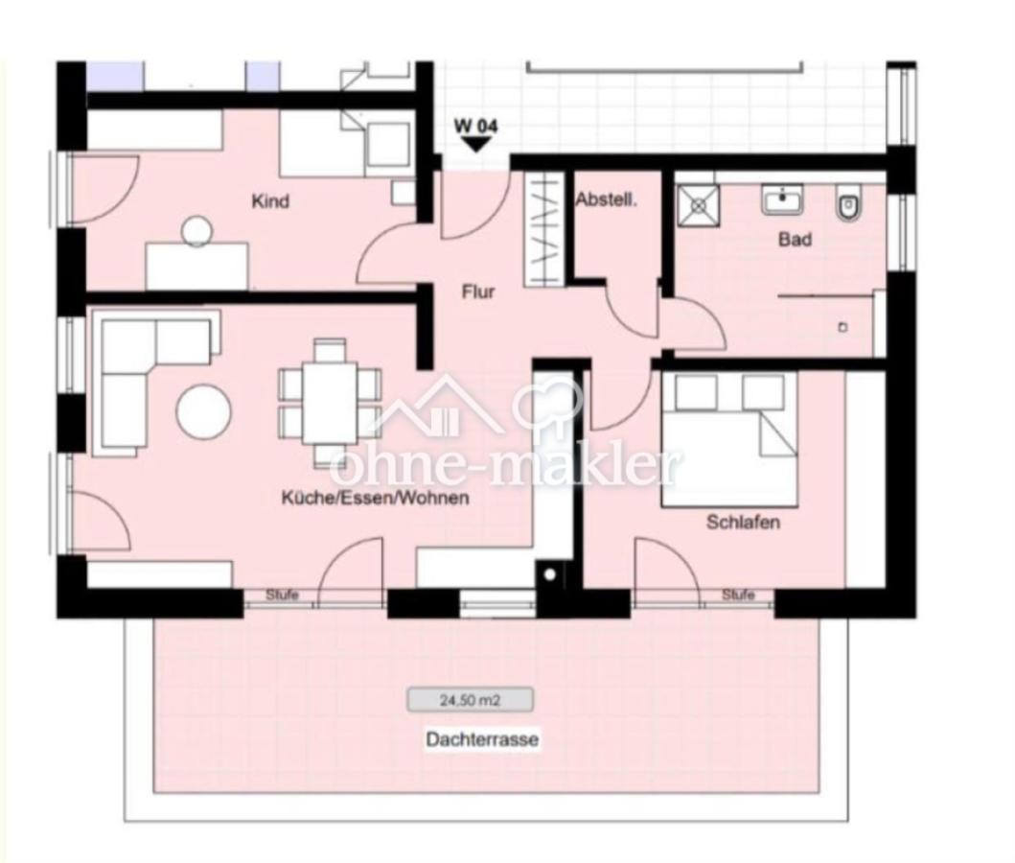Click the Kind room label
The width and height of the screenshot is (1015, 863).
(x=270, y=201)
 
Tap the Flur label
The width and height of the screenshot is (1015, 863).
(x=477, y=292)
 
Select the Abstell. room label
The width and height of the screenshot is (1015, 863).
(x=607, y=200)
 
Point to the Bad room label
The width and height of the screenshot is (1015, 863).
(x=795, y=240)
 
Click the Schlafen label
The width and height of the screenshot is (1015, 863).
(x=743, y=522)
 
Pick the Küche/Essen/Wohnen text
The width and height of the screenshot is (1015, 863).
(x=375, y=498)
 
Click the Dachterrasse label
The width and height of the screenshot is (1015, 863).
(x=482, y=739)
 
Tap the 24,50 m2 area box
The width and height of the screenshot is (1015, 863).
(x=470, y=700)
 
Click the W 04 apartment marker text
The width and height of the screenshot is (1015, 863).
(x=476, y=126)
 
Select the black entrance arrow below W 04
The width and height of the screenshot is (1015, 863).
(x=477, y=145)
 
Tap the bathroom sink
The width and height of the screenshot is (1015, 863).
(x=782, y=199)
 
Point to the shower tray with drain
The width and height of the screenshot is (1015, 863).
(x=699, y=206)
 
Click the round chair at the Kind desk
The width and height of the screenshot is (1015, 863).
(x=196, y=231)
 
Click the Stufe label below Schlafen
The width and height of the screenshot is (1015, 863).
(x=738, y=595)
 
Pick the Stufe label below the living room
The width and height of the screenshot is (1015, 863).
(x=282, y=595)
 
